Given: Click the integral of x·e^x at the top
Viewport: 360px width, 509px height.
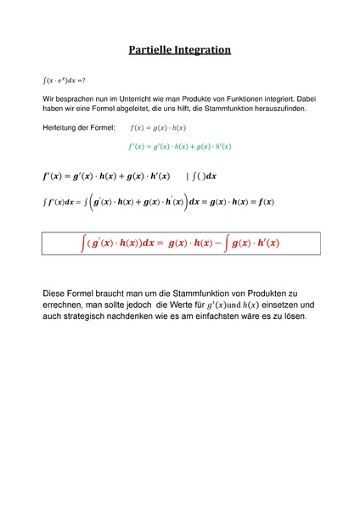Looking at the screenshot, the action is [x=64, y=81].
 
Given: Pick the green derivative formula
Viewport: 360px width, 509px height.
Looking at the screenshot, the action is [x=180, y=146].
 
